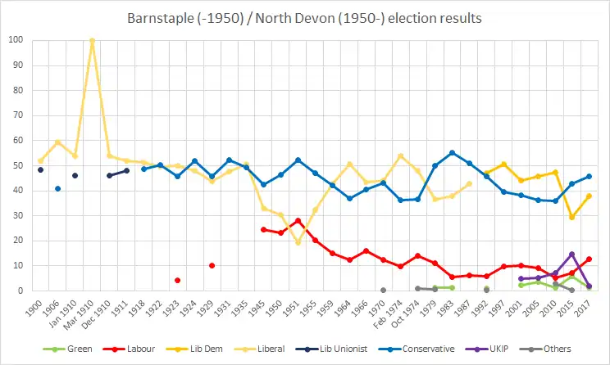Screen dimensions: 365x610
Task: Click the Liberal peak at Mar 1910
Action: (92, 40)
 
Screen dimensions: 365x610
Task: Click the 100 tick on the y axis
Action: (16, 40)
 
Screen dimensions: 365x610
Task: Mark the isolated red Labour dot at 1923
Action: (178, 280)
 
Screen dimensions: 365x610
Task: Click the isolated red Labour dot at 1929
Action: (212, 265)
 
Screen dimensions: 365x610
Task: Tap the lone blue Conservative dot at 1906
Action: (57, 188)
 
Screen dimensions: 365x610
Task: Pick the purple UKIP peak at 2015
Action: (571, 254)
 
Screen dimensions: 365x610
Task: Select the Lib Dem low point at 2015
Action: (571, 217)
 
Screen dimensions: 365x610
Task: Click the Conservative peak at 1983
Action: (452, 152)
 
